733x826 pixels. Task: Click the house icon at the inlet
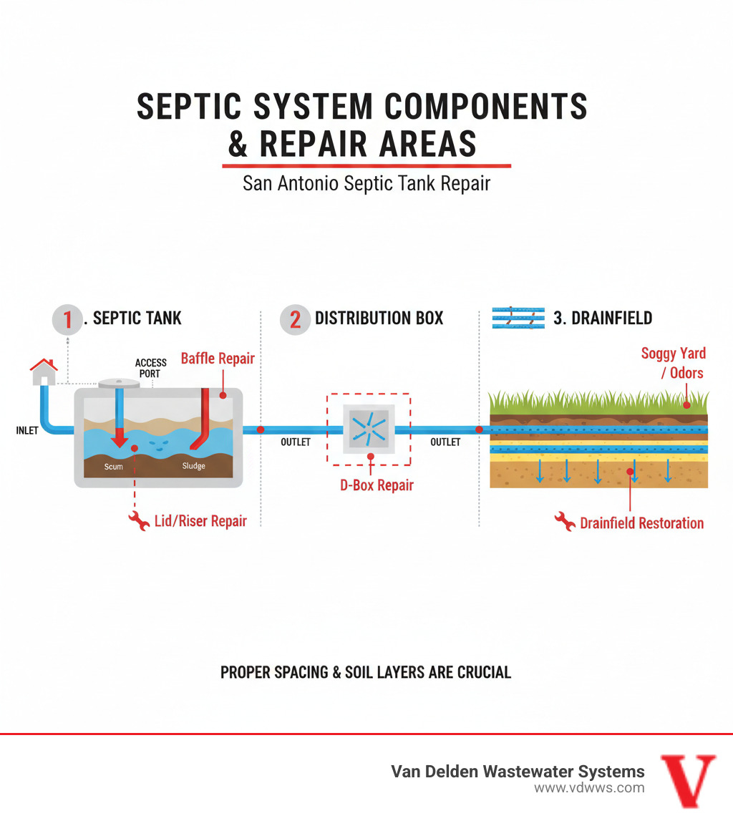tap(44, 371)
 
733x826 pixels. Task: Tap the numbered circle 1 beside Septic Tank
tap(68, 319)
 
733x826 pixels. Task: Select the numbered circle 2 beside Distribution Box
tap(294, 319)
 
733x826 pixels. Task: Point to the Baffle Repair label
tap(218, 359)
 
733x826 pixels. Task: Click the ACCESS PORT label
tap(150, 368)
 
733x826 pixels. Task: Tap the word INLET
tap(27, 431)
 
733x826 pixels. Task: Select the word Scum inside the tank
tap(113, 467)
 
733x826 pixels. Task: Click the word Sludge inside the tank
tap(193, 466)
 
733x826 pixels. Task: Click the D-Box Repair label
tap(377, 485)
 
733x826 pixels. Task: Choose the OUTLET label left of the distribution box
tap(295, 442)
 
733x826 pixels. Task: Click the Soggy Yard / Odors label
tap(673, 363)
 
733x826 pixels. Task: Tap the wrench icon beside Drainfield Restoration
tap(565, 521)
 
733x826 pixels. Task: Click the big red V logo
tap(687, 780)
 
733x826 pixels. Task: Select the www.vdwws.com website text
tap(588, 788)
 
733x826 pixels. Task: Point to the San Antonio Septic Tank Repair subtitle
tap(366, 183)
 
